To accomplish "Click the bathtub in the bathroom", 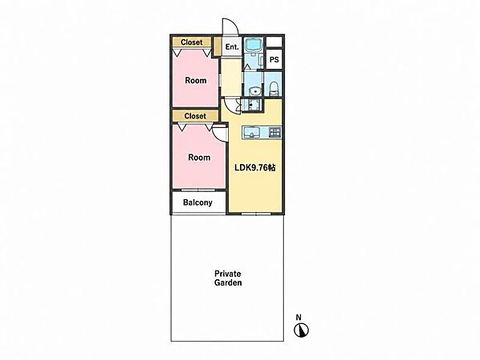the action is point(254,45).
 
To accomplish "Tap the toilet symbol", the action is point(274,88).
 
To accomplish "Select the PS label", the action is point(274,59).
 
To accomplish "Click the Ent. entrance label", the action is point(232,47).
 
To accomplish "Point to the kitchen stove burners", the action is point(274,132).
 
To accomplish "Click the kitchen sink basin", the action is point(252,133).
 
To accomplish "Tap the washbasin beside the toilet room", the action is point(254,91).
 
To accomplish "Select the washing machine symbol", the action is point(253,105).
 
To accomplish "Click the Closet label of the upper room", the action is point(192,42).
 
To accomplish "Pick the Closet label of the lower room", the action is point(195,116).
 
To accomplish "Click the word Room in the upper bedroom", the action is point(196,81).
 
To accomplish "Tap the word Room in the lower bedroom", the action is point(199,158).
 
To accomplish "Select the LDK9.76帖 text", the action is point(255,167).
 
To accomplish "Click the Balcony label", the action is point(198,202).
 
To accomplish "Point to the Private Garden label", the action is point(228,278).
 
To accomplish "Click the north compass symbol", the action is point(302,330).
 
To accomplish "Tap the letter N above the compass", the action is point(298,317).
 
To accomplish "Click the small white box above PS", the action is point(274,42).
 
